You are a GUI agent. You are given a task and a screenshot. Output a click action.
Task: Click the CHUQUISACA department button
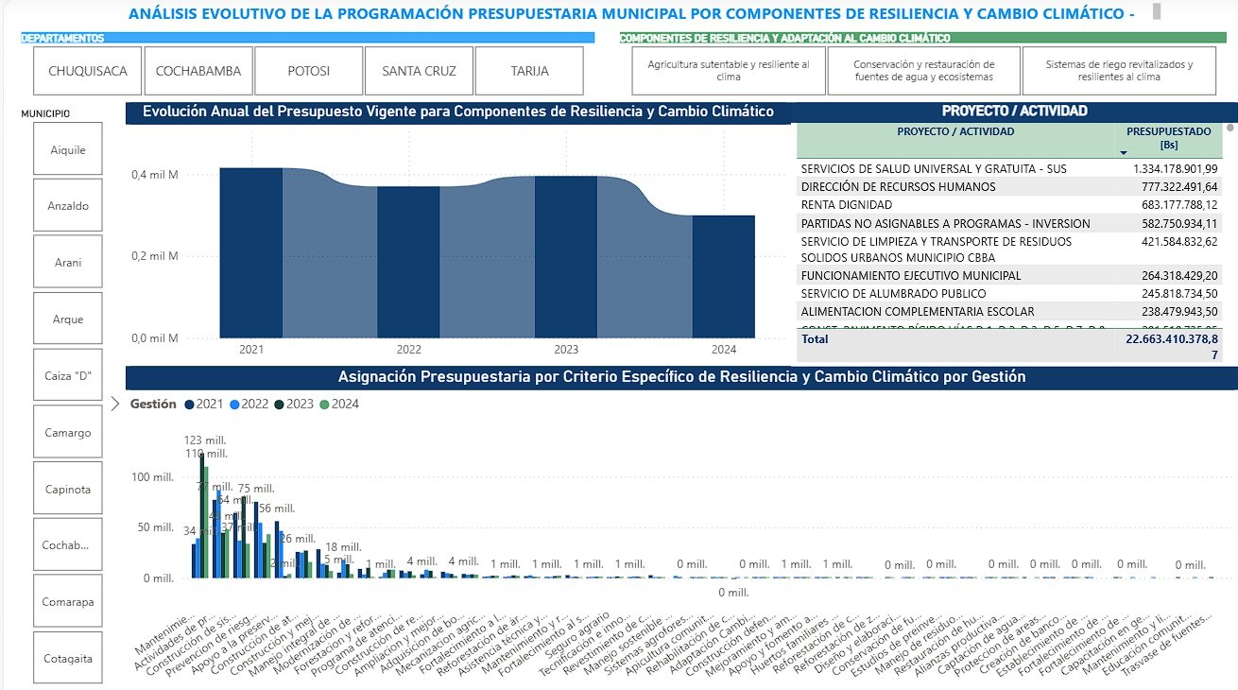87,71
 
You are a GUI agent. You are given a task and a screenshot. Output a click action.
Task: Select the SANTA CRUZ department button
419,71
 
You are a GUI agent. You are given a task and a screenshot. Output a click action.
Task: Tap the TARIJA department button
529,71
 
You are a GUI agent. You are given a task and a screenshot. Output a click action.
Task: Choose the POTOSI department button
308,71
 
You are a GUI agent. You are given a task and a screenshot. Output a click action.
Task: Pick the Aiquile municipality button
68,149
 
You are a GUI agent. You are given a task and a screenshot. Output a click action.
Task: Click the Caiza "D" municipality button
68,376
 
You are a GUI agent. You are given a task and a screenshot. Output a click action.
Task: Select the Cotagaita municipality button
68,658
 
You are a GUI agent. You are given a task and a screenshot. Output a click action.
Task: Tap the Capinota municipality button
68,490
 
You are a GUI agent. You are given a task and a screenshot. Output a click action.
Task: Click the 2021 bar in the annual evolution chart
251,252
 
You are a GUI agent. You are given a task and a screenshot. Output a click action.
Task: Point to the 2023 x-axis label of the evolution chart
566,350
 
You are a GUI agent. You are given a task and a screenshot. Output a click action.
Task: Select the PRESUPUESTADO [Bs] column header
1168,138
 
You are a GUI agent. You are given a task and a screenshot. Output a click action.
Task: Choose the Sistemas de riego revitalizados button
1118,71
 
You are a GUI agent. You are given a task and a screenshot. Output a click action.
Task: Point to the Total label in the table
815,337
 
